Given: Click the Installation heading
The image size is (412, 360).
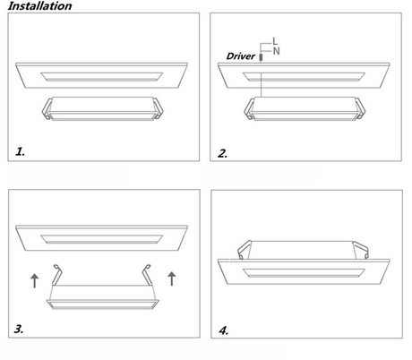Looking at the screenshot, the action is pos(39,6).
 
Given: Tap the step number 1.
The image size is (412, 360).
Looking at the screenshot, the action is pos(20,151).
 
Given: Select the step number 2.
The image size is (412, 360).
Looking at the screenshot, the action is pos(222,153).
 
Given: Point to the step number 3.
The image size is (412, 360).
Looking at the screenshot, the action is pos(19,329).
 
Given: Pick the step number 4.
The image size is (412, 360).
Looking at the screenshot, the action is pos(224,330).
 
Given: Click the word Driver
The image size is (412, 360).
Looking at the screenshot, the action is pos(241,56).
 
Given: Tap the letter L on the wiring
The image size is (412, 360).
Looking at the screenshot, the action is pos(275,41).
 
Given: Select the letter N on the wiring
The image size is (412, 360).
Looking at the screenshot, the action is pos(276,51).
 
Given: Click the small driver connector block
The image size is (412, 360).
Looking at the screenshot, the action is pos(261,57).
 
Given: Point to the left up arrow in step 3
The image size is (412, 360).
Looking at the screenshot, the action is pos(35,281).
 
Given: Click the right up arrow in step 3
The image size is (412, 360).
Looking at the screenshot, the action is pos(172,279).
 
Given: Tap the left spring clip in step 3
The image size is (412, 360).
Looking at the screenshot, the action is pos(57,274).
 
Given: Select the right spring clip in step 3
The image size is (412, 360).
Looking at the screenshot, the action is pos(147,274).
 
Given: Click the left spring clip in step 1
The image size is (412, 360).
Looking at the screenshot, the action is pos(47,109).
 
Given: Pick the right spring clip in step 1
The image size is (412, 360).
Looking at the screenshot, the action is pos(159,108).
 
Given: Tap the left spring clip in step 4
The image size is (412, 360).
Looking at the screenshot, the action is pos(244,250).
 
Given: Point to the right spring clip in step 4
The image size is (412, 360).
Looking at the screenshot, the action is pos(361,250).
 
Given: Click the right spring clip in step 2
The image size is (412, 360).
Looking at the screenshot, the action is pos(360,108).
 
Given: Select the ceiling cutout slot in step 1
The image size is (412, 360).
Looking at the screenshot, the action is pos(101,77).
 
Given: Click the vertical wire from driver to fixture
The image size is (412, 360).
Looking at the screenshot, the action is pos(261,79).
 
